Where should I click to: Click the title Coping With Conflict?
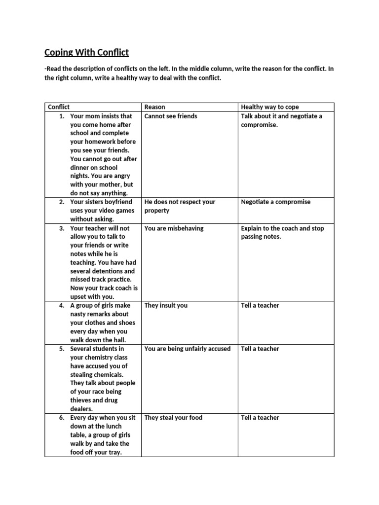(87, 52)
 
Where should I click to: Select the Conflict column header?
(59, 107)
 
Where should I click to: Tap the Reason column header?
(154, 107)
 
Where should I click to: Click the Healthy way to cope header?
(269, 107)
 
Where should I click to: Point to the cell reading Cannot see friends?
(170, 116)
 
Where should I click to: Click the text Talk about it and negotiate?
(281, 116)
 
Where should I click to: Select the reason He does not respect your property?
(180, 206)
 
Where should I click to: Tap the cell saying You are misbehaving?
(174, 228)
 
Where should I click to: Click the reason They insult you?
(166, 305)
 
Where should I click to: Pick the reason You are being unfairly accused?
(187, 349)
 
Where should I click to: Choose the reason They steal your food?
(173, 417)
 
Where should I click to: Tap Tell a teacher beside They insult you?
(260, 305)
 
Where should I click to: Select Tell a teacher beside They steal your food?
(260, 417)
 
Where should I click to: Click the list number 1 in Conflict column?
(62, 116)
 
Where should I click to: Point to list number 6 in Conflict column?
(62, 417)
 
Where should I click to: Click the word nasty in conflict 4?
(78, 314)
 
